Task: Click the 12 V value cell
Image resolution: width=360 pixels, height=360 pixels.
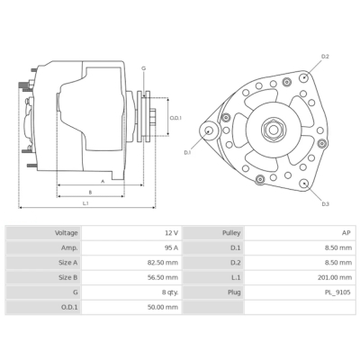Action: click(x=171, y=233)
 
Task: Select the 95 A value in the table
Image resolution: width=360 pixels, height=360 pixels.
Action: click(x=171, y=247)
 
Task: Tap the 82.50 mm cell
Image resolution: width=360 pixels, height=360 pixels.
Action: click(x=165, y=262)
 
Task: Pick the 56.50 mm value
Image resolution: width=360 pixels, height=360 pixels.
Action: click(x=165, y=277)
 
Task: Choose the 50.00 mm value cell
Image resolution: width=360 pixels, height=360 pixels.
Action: click(x=165, y=307)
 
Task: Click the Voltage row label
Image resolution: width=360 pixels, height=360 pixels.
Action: click(x=67, y=233)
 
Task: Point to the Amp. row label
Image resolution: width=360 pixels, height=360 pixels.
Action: click(x=70, y=247)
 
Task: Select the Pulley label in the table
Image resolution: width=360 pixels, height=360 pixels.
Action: click(x=231, y=233)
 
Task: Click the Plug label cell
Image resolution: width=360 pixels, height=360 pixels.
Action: click(x=233, y=292)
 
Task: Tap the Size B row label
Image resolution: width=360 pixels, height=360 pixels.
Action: click(x=68, y=277)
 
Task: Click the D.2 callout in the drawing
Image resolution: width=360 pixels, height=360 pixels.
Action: click(x=325, y=57)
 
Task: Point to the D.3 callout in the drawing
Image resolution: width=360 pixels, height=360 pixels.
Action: click(x=325, y=204)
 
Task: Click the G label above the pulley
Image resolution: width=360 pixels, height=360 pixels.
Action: click(x=144, y=69)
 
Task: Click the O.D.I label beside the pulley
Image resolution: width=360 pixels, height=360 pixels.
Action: click(x=175, y=118)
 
